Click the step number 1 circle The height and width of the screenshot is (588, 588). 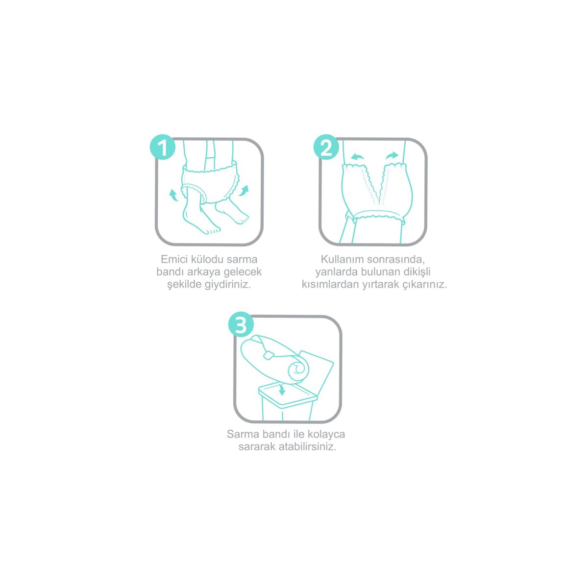162,147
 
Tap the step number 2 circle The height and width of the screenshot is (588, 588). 326,147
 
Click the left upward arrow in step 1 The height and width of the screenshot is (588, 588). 173,195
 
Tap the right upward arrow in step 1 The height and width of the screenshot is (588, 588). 245,191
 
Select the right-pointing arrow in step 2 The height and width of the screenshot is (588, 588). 392,156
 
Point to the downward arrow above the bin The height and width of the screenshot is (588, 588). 282,390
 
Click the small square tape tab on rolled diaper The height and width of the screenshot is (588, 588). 268,355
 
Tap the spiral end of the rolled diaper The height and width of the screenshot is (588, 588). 298,370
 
